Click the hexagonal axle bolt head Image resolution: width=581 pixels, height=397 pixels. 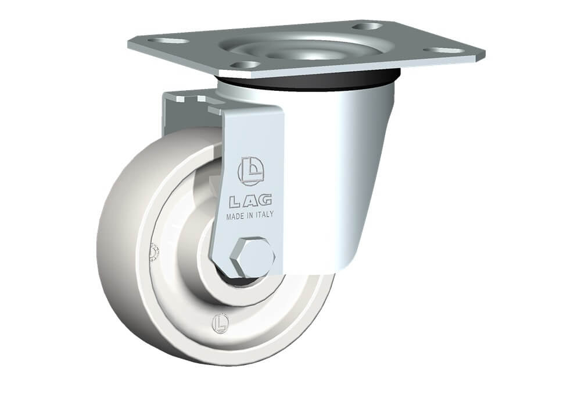(252, 257)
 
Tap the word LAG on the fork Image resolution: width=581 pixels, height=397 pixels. (250, 201)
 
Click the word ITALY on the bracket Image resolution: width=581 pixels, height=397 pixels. (264, 214)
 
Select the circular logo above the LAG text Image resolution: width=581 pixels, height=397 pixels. (250, 171)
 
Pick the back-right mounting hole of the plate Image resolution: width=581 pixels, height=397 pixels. (367, 26)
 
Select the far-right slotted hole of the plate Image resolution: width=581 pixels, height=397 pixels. (444, 50)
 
